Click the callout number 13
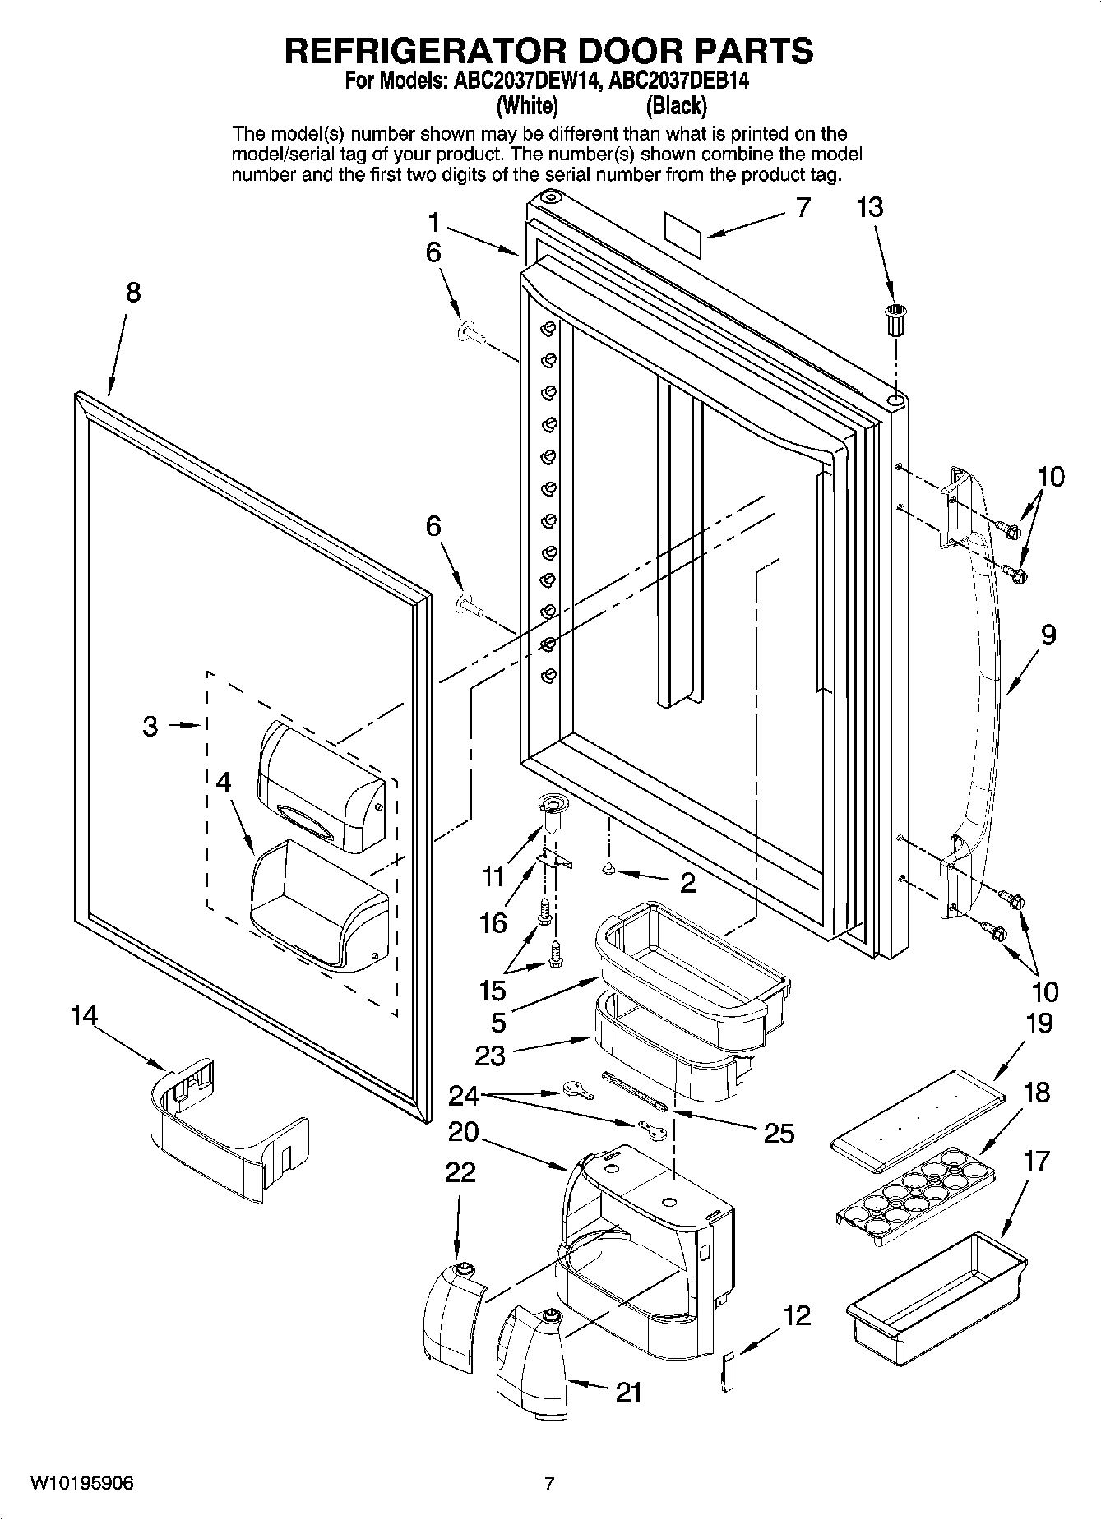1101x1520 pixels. point(869,207)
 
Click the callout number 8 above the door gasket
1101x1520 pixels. point(132,292)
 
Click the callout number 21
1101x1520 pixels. point(629,1393)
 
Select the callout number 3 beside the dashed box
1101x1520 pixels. point(150,726)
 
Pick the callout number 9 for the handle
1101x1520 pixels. point(1047,635)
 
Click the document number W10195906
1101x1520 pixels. point(82,1483)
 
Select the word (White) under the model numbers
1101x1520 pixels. point(527,106)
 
